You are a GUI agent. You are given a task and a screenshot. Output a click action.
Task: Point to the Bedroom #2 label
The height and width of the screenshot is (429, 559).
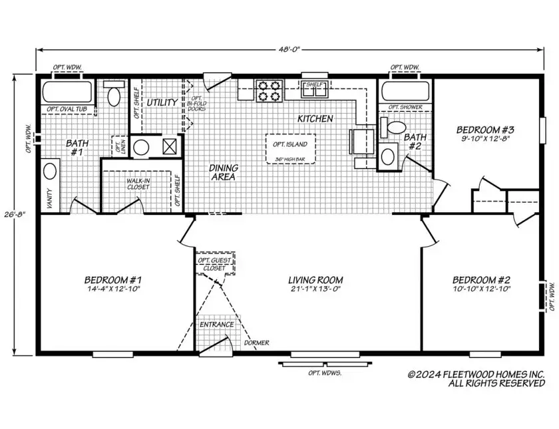(480, 284)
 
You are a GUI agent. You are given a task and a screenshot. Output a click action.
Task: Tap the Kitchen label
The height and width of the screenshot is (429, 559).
(315, 118)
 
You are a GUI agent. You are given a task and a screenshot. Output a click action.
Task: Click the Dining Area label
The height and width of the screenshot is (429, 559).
(224, 172)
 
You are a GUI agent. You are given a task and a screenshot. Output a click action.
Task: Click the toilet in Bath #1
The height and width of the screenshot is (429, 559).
(114, 96)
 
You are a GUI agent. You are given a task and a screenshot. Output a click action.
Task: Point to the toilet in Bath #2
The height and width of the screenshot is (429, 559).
(397, 126)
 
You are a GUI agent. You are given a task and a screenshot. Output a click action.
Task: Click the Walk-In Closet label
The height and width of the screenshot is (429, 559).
(138, 184)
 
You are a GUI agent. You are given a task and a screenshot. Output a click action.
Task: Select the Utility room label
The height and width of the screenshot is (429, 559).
(162, 102)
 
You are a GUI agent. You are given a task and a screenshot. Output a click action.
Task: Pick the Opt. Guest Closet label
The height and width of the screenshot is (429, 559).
(213, 264)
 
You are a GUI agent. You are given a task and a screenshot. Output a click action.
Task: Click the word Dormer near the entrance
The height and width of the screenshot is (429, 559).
(256, 343)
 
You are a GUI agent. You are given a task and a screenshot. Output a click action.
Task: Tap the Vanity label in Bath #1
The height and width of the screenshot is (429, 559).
(49, 196)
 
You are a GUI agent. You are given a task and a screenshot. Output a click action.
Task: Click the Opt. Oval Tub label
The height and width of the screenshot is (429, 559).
(69, 109)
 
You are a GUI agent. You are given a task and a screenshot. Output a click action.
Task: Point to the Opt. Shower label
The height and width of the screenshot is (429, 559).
(405, 106)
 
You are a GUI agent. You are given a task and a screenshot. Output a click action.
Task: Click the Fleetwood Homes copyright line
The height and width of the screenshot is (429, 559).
(476, 378)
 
